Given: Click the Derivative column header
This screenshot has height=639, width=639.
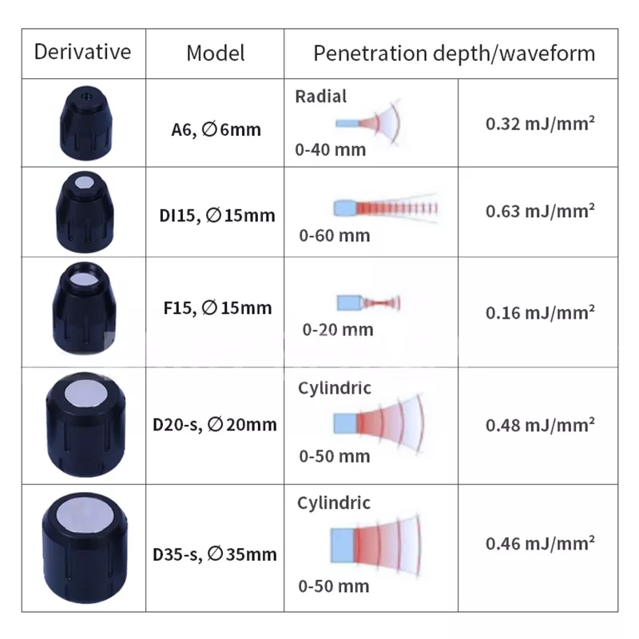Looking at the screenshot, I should (x=82, y=53).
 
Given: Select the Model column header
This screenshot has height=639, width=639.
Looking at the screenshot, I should (x=215, y=54).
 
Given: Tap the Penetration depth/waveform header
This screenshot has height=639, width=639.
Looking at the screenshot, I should (x=454, y=54).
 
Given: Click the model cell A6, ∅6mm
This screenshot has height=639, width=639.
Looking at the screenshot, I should (x=216, y=129).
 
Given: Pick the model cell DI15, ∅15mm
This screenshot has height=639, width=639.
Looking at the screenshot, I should (x=216, y=215).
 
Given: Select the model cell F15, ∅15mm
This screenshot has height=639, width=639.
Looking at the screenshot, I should (x=216, y=308).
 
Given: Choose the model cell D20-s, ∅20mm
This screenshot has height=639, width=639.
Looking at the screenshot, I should (x=215, y=424).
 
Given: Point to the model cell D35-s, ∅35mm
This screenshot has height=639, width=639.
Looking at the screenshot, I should (x=215, y=553).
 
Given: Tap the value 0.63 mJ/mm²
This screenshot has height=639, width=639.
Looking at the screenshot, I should (x=540, y=211).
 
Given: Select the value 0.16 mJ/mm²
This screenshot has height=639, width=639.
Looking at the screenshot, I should (x=540, y=312).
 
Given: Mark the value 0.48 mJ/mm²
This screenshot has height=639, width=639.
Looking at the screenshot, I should (x=540, y=424).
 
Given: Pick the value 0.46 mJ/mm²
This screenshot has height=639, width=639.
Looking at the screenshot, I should (x=540, y=543).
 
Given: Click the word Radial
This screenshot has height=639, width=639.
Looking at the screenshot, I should (x=321, y=97).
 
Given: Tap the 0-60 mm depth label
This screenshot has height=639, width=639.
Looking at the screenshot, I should (x=335, y=235).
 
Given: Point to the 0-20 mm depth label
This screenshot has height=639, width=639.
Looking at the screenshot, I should (x=337, y=329).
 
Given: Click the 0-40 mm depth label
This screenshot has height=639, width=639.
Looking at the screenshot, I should (x=330, y=149).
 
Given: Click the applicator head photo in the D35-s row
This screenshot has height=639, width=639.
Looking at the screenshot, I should (x=81, y=543).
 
